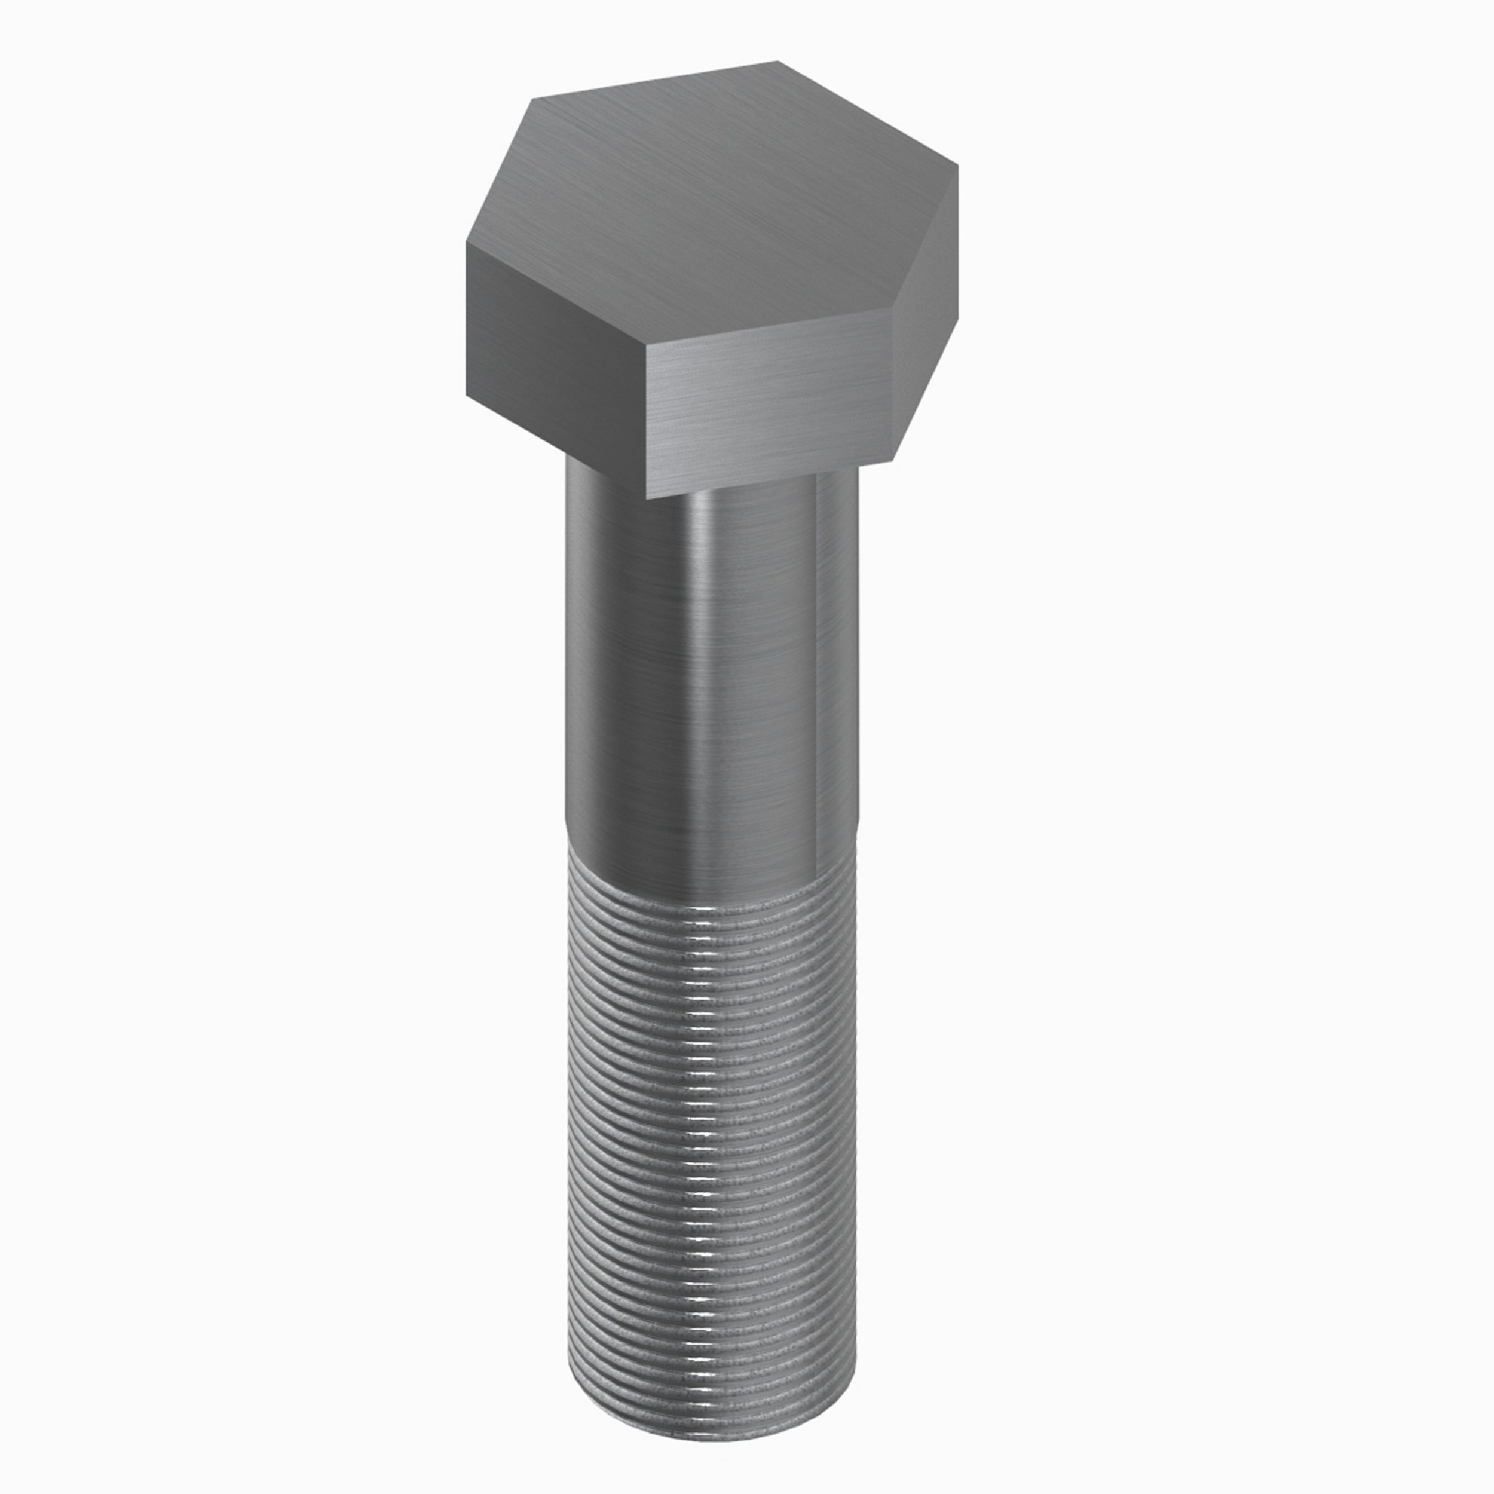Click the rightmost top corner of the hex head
(958, 166)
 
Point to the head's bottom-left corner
(466, 396)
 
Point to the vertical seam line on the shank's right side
(816, 657)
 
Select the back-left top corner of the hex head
(534, 99)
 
